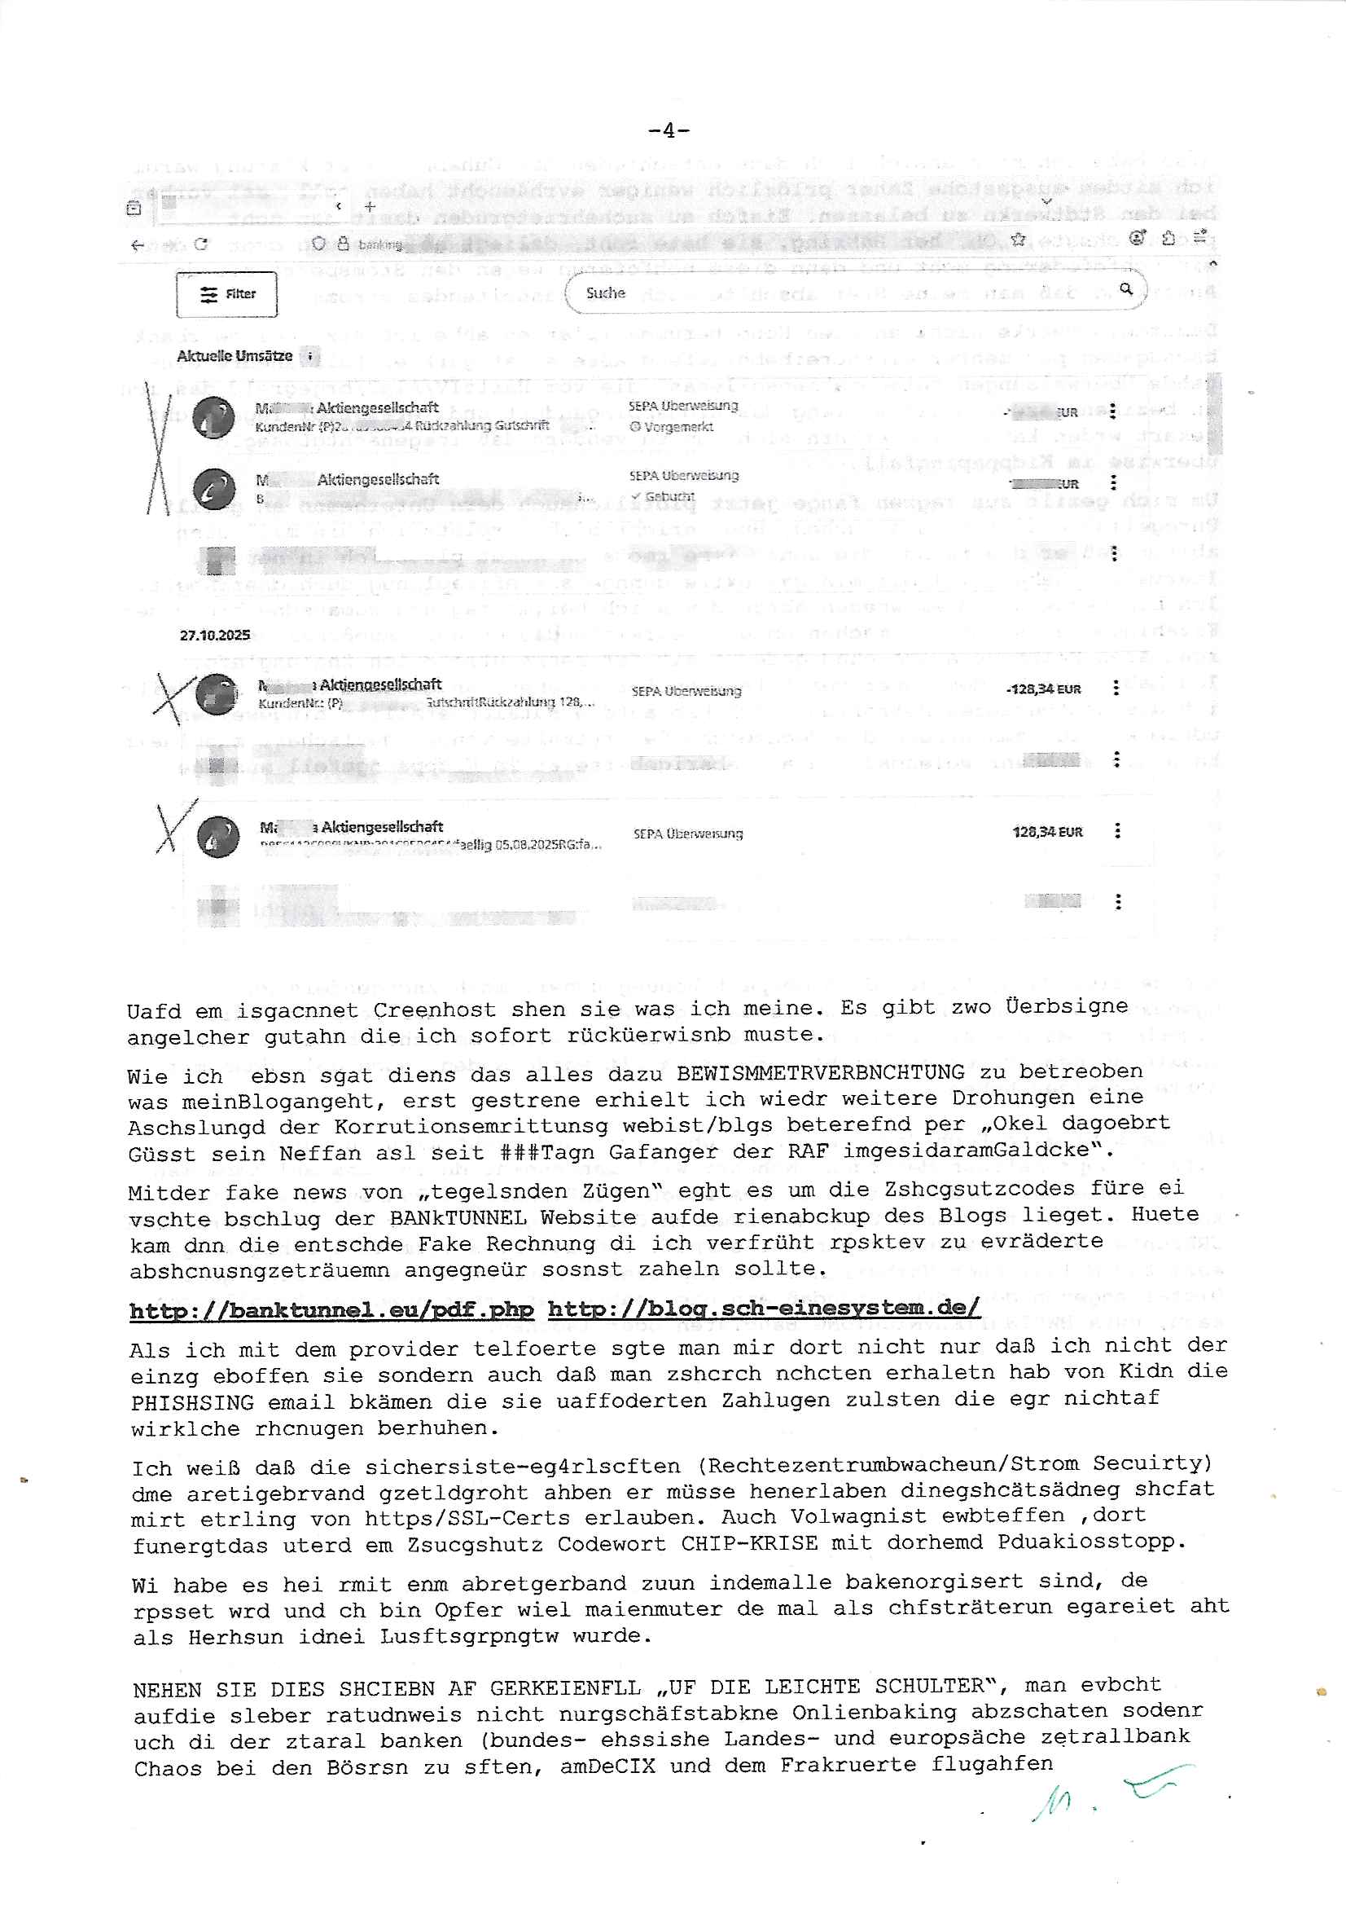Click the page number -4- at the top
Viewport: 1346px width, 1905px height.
click(669, 130)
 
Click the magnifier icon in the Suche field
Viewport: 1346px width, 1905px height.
click(1125, 288)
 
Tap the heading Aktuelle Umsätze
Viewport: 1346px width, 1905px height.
click(235, 356)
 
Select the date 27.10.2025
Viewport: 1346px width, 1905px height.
click(215, 635)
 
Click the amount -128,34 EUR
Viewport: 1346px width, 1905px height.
click(1043, 689)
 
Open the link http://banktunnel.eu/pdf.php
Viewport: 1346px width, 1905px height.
click(331, 1309)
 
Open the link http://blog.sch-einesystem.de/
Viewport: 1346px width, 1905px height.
click(763, 1308)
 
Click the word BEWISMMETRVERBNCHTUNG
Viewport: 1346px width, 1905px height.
click(820, 1072)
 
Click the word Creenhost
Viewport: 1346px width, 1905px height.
click(435, 1010)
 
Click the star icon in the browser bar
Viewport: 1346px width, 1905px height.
click(1019, 240)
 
